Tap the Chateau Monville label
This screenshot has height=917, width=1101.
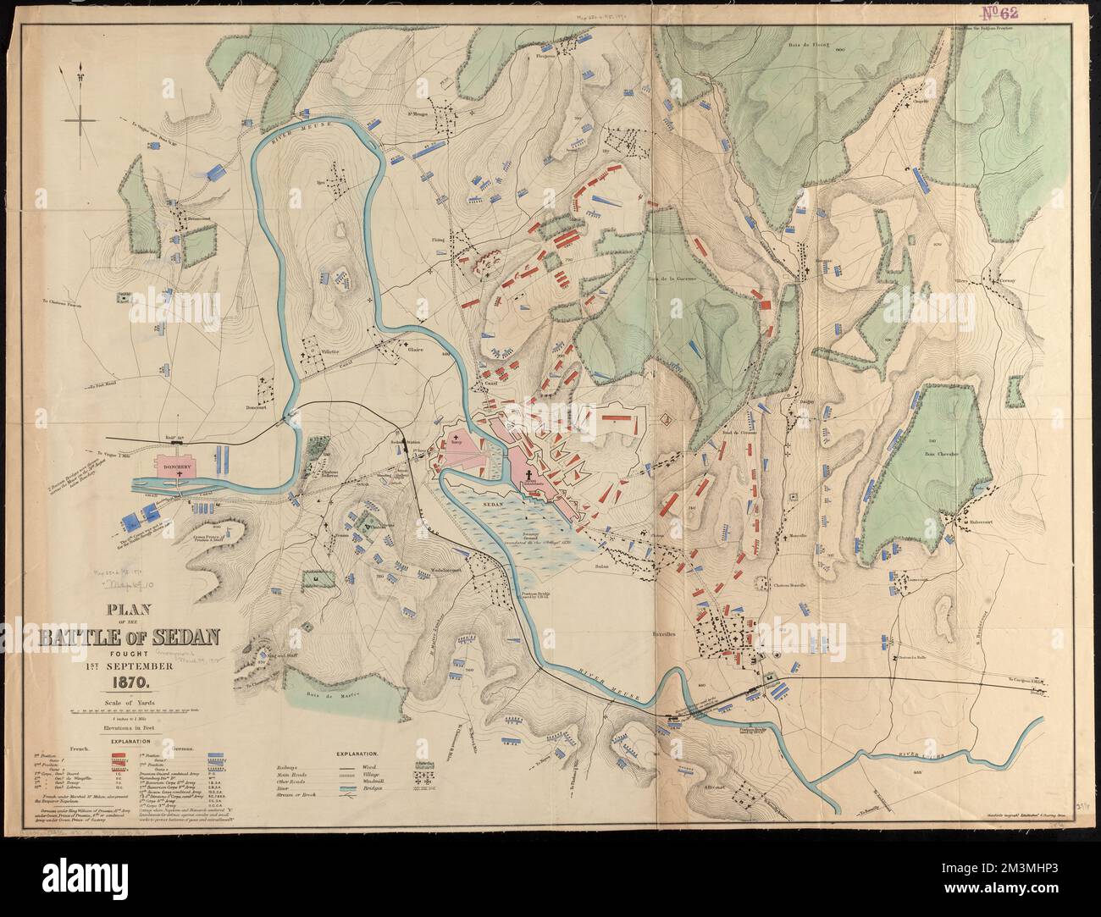click(x=792, y=585)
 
